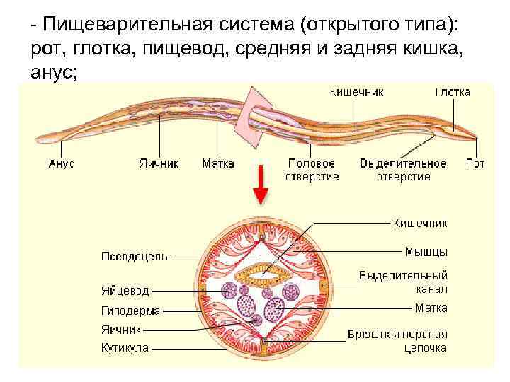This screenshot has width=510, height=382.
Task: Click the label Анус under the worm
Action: [62, 163]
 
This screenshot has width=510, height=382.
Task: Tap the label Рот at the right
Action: [475, 163]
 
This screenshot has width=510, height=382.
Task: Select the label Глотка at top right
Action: [453, 92]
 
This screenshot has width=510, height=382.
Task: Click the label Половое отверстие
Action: [312, 170]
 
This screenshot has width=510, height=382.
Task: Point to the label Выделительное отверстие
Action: [403, 170]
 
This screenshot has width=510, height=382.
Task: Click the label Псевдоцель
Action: [135, 256]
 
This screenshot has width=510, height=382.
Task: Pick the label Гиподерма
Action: [130, 310]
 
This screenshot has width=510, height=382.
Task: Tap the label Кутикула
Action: [125, 347]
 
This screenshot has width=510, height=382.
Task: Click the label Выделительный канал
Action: [403, 282]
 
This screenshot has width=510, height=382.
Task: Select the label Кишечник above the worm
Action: [357, 92]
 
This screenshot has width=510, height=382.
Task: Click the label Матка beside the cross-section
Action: [431, 308]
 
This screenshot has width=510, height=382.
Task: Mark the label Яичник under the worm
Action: [159, 163]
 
